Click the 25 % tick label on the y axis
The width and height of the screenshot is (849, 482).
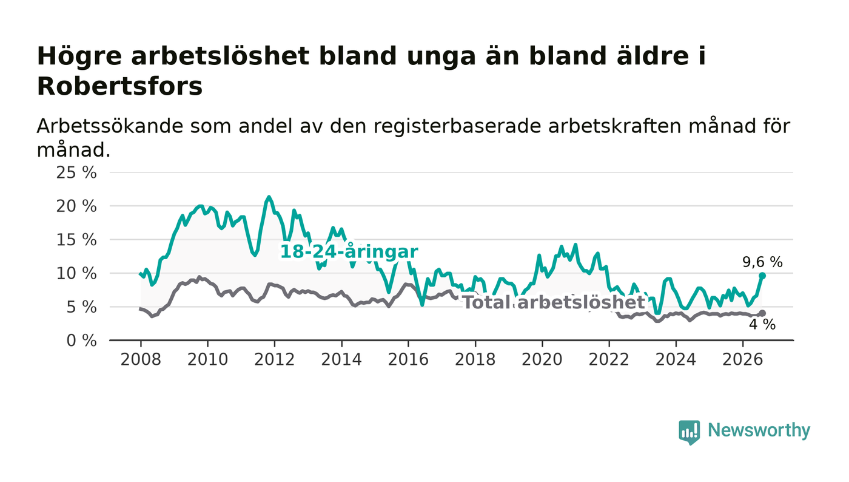[76, 172]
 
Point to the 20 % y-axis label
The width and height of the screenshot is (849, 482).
[76, 206]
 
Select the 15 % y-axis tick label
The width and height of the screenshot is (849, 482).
[76, 240]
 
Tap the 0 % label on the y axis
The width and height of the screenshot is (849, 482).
[81, 341]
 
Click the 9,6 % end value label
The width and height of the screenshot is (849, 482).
[762, 262]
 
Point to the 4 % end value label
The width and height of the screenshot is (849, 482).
[762, 325]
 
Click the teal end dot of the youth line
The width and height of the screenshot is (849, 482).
[762, 276]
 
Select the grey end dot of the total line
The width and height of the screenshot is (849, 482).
[762, 313]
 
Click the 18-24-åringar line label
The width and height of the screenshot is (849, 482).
[349, 252]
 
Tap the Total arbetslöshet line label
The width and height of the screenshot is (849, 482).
[554, 303]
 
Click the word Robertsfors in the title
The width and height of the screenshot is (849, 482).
[120, 87]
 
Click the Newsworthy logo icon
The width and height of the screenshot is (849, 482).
[689, 432]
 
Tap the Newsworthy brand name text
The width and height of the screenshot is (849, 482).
[759, 430]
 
